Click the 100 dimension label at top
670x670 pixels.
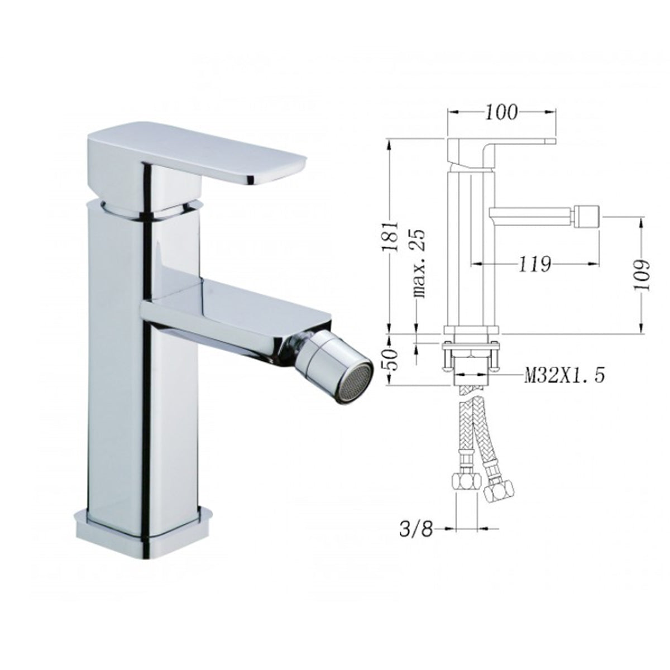tap(502, 112)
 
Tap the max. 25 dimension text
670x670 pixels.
tap(420, 262)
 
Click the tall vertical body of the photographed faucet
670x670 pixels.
tap(120, 363)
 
